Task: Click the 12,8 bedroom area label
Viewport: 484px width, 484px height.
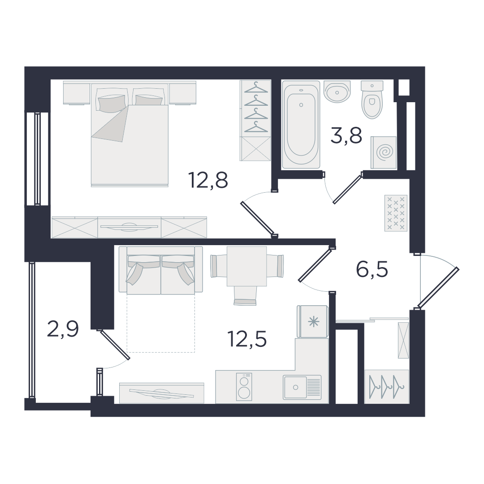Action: coord(208,180)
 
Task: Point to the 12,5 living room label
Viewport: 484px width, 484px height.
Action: coord(246,338)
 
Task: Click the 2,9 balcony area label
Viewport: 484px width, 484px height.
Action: coord(63,329)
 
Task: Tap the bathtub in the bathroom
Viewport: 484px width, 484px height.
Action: coord(301,125)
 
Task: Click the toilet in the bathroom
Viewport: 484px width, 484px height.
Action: coord(372,99)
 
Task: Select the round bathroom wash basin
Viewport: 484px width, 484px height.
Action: coord(337,91)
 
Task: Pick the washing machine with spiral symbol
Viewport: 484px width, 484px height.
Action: coord(384,152)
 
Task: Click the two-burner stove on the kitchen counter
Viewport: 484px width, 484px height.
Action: coord(244,387)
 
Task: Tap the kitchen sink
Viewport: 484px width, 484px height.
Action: coord(302,387)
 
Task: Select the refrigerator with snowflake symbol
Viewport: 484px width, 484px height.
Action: coord(312,322)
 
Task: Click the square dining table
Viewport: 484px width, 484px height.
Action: coord(246,266)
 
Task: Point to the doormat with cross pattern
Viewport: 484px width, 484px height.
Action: coord(396,213)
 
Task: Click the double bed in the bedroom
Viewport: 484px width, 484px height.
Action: coord(130,134)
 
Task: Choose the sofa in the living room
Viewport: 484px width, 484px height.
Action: coord(161,270)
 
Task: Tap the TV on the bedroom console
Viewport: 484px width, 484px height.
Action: coord(130,227)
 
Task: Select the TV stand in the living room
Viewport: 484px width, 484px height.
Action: coord(162,393)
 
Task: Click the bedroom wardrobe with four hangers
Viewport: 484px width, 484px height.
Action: coord(255,121)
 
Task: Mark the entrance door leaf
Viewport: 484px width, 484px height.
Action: coord(439,288)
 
